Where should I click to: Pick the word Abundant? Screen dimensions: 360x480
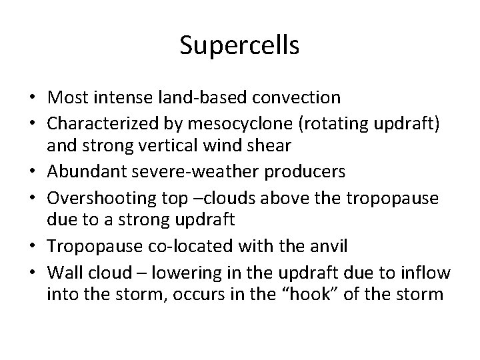pyautogui.click(x=76, y=172)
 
